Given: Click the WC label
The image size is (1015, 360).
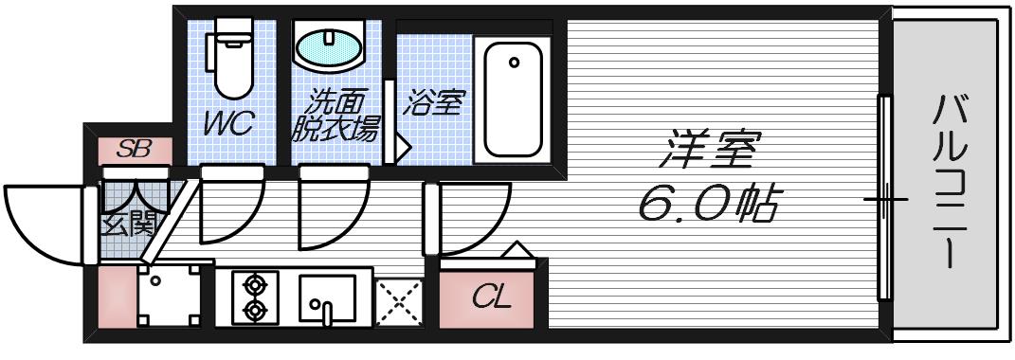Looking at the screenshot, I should coord(228,125).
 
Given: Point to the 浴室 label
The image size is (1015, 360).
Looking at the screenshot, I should coord(433,103).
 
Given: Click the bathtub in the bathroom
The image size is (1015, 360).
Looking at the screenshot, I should coord(514,100).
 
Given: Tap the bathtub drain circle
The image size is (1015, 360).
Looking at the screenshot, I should coord(514,63).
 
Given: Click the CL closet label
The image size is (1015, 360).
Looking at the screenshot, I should coord(492,299).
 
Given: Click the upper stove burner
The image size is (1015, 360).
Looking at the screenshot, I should coord(253,283).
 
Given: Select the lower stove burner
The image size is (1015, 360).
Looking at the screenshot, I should coord(253,309).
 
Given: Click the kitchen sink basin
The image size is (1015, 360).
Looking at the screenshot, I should coord(327,298).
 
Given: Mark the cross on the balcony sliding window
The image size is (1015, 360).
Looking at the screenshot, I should coord(884,201).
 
